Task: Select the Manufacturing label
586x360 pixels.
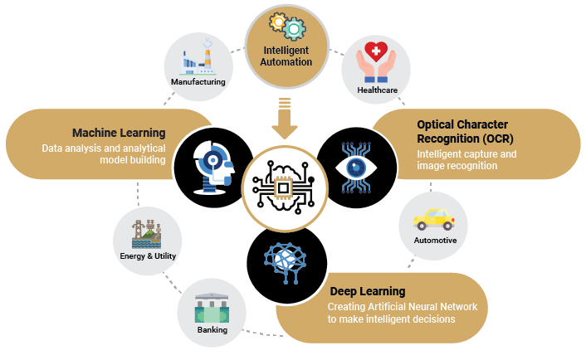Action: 198,82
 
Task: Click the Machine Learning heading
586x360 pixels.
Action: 119,133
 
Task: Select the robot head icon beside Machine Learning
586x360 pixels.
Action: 212,165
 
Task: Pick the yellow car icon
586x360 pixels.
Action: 434,219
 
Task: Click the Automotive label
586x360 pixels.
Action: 435,241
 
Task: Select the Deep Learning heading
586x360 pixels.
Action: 368,291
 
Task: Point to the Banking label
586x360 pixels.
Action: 212,329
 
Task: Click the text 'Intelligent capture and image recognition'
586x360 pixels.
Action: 466,159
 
